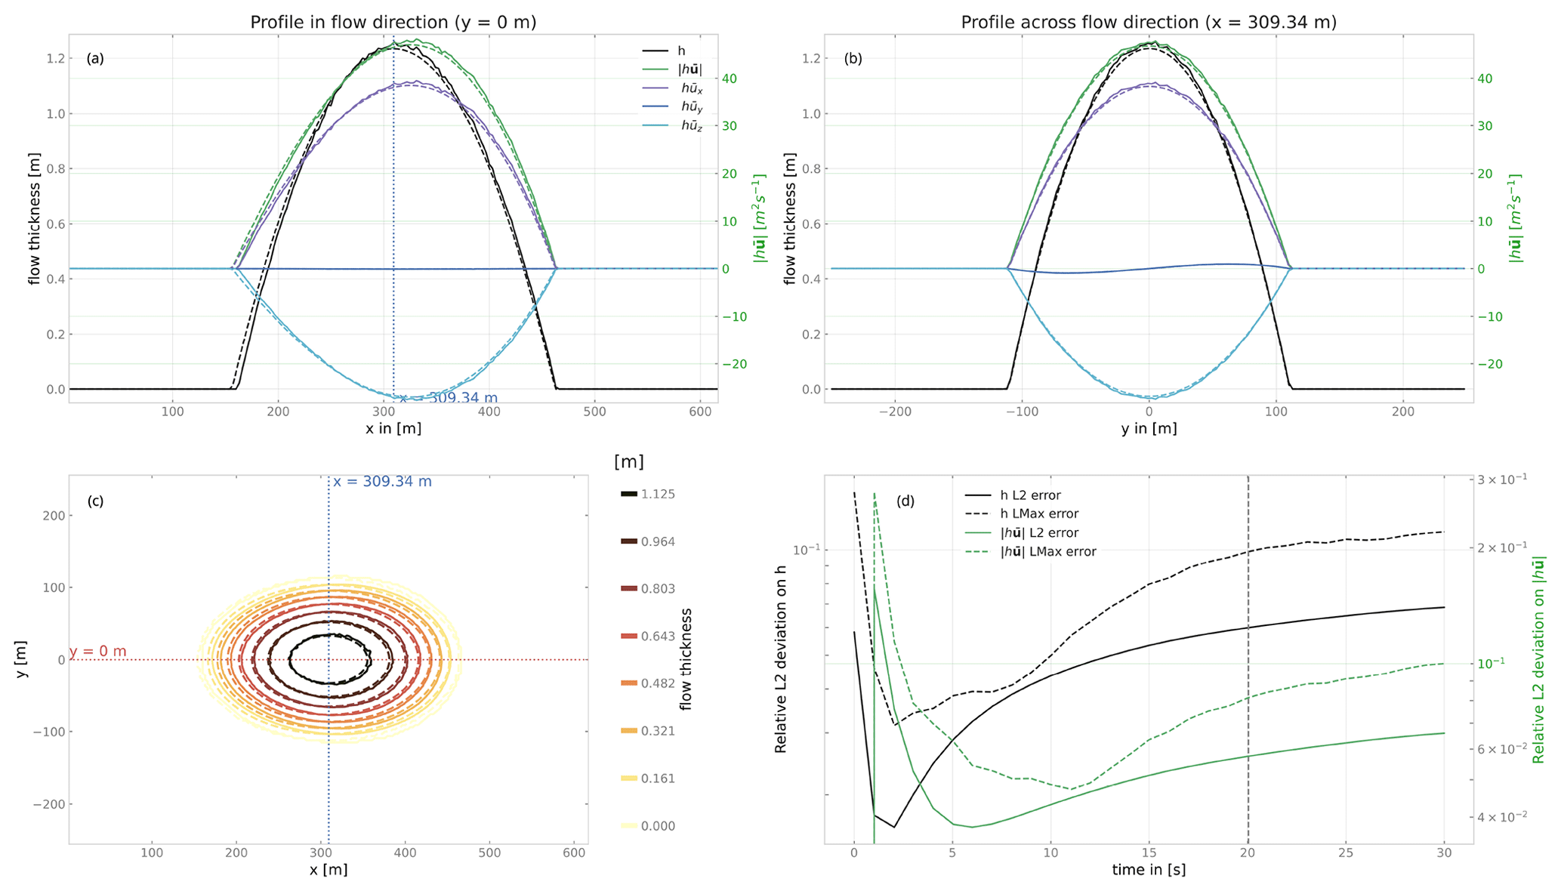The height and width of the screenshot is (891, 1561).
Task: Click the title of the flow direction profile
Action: (393, 23)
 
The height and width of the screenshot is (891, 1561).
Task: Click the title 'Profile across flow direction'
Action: (1149, 23)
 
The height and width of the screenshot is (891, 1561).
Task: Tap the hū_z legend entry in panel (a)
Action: (691, 127)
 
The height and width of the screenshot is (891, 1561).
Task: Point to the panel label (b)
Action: (853, 58)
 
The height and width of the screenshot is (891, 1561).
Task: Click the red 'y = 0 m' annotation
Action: (98, 652)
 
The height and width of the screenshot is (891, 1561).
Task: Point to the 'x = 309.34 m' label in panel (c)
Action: (382, 482)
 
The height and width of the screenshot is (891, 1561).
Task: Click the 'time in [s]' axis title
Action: (1149, 870)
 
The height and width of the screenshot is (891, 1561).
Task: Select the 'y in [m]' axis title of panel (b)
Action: (1149, 429)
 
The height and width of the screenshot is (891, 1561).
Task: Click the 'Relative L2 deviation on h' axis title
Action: (782, 659)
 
